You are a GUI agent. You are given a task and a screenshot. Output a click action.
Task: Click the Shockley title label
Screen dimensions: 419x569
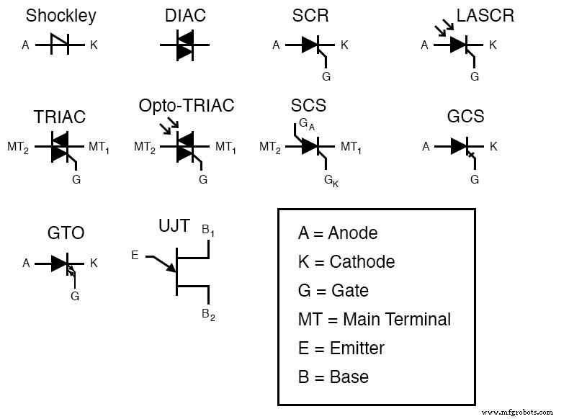point(61,16)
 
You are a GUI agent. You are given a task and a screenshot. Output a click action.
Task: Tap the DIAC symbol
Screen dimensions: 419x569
point(184,45)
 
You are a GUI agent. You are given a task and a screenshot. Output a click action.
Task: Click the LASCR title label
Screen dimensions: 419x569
point(485,16)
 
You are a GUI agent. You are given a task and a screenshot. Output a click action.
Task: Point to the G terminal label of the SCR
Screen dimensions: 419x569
point(327,75)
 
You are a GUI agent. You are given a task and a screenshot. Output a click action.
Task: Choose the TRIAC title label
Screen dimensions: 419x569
point(60,117)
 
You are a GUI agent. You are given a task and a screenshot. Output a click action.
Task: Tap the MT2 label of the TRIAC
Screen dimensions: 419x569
point(17,148)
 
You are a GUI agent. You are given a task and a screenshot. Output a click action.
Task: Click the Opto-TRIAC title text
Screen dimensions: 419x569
point(187,106)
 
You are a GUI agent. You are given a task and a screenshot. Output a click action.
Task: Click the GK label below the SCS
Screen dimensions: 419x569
point(331,180)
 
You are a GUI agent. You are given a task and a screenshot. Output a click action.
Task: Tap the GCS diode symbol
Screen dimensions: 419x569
point(461,147)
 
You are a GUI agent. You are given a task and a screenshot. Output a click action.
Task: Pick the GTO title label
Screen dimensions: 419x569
point(66,233)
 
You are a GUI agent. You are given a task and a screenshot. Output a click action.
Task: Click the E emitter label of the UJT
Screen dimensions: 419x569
point(135,255)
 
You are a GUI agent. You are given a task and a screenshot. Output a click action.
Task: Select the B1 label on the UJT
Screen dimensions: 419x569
point(207,230)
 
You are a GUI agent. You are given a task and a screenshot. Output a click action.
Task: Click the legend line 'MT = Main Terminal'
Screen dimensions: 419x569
point(374,319)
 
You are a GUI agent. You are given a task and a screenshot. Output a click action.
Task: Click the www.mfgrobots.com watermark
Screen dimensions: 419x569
point(517,413)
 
